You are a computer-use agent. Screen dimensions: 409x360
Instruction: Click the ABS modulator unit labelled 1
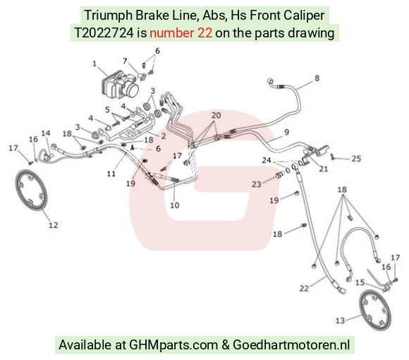click(x=120, y=85)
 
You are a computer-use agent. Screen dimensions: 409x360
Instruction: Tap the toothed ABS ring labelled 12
click(x=31, y=190)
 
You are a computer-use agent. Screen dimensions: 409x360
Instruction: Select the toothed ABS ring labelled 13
click(x=375, y=307)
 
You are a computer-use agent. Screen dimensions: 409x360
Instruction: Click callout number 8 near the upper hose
click(x=317, y=78)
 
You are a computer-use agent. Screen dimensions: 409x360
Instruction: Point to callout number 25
click(x=356, y=158)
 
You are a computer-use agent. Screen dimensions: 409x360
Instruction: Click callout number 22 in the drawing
click(x=304, y=288)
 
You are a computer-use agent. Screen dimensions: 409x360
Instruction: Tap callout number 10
click(x=175, y=205)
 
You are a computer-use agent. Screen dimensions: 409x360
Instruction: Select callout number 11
click(x=111, y=174)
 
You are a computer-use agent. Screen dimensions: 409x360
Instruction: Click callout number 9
click(x=286, y=132)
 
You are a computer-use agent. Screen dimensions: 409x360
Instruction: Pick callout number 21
click(x=324, y=169)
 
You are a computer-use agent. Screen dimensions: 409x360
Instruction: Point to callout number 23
click(x=257, y=184)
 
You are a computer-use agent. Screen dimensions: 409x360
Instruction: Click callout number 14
click(x=46, y=133)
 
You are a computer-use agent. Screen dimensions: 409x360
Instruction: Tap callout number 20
click(x=216, y=115)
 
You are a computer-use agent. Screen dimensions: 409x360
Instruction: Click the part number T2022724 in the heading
click(x=104, y=33)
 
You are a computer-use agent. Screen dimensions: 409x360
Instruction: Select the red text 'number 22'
click(x=181, y=33)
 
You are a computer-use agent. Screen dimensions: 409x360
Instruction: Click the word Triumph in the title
click(x=109, y=16)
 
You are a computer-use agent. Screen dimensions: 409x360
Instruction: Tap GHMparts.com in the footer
click(x=173, y=345)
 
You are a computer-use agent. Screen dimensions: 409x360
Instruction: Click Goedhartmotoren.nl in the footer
click(x=291, y=344)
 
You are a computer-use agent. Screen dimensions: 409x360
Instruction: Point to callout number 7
click(x=125, y=61)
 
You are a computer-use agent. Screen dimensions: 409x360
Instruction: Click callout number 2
click(x=164, y=136)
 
